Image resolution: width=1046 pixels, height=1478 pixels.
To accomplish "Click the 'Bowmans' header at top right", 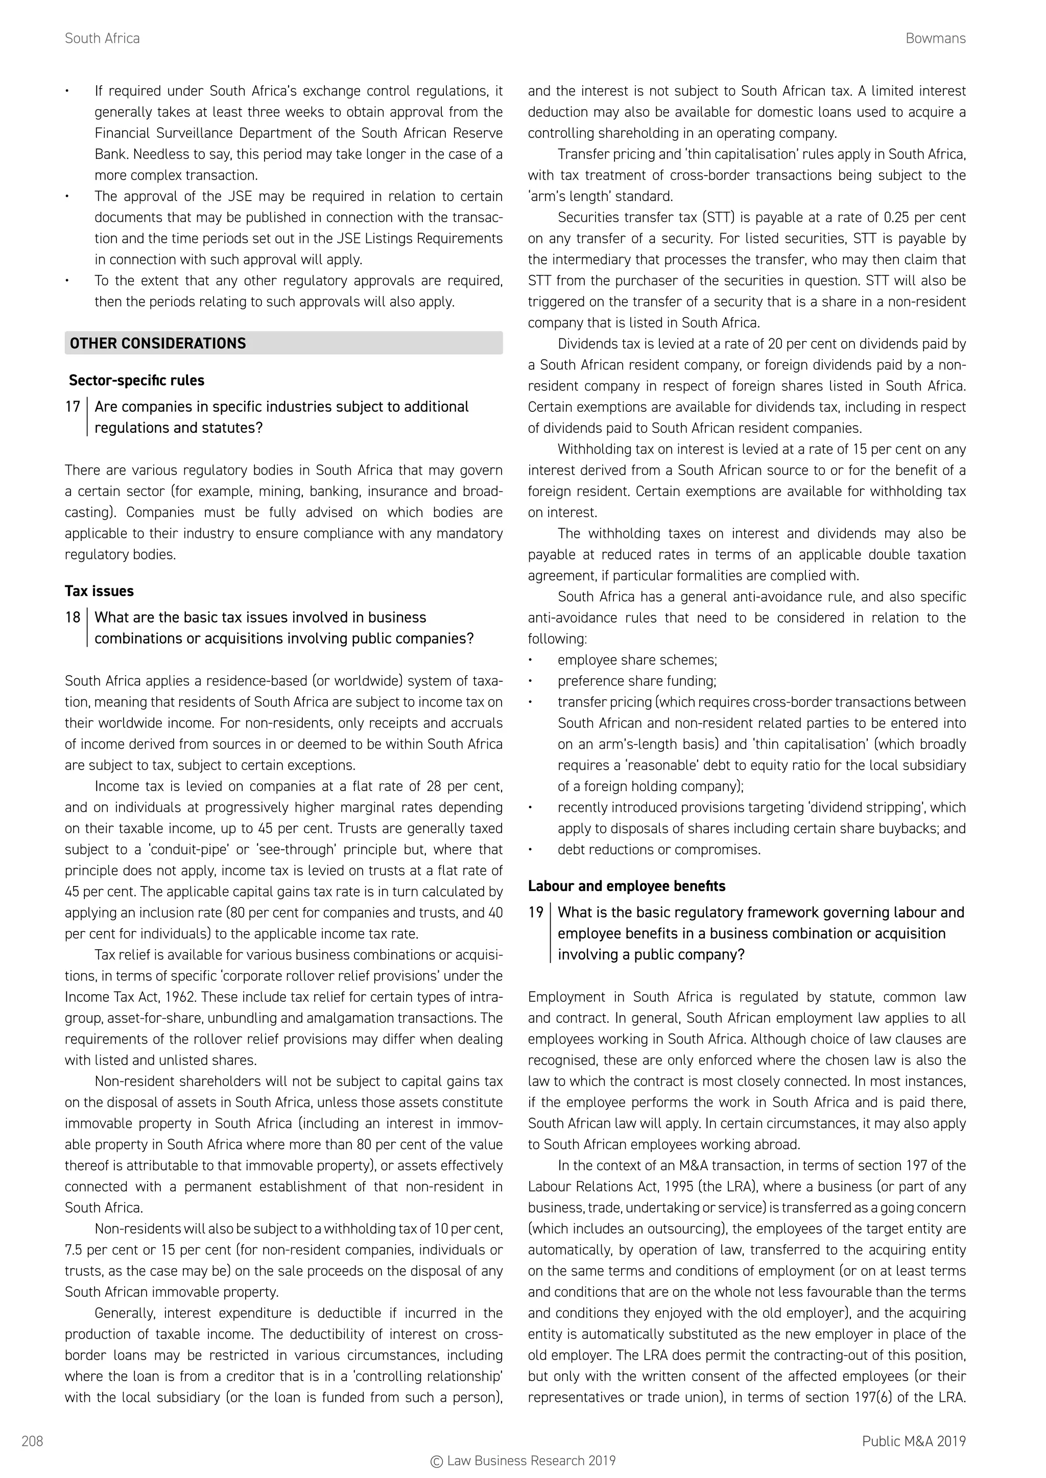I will pos(935,39).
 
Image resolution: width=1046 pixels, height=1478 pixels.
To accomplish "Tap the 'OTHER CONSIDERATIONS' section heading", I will pos(158,343).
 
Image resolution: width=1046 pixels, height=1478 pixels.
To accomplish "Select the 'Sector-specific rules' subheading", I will pos(136,380).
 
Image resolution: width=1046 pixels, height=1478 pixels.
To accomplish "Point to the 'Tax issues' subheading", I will pos(99,591).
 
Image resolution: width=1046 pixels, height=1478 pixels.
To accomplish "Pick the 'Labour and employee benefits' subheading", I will pos(626,886).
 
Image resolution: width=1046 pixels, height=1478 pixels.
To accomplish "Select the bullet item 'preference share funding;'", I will pos(636,681).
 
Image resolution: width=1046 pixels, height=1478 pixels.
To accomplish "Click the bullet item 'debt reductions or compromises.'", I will pos(658,850).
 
